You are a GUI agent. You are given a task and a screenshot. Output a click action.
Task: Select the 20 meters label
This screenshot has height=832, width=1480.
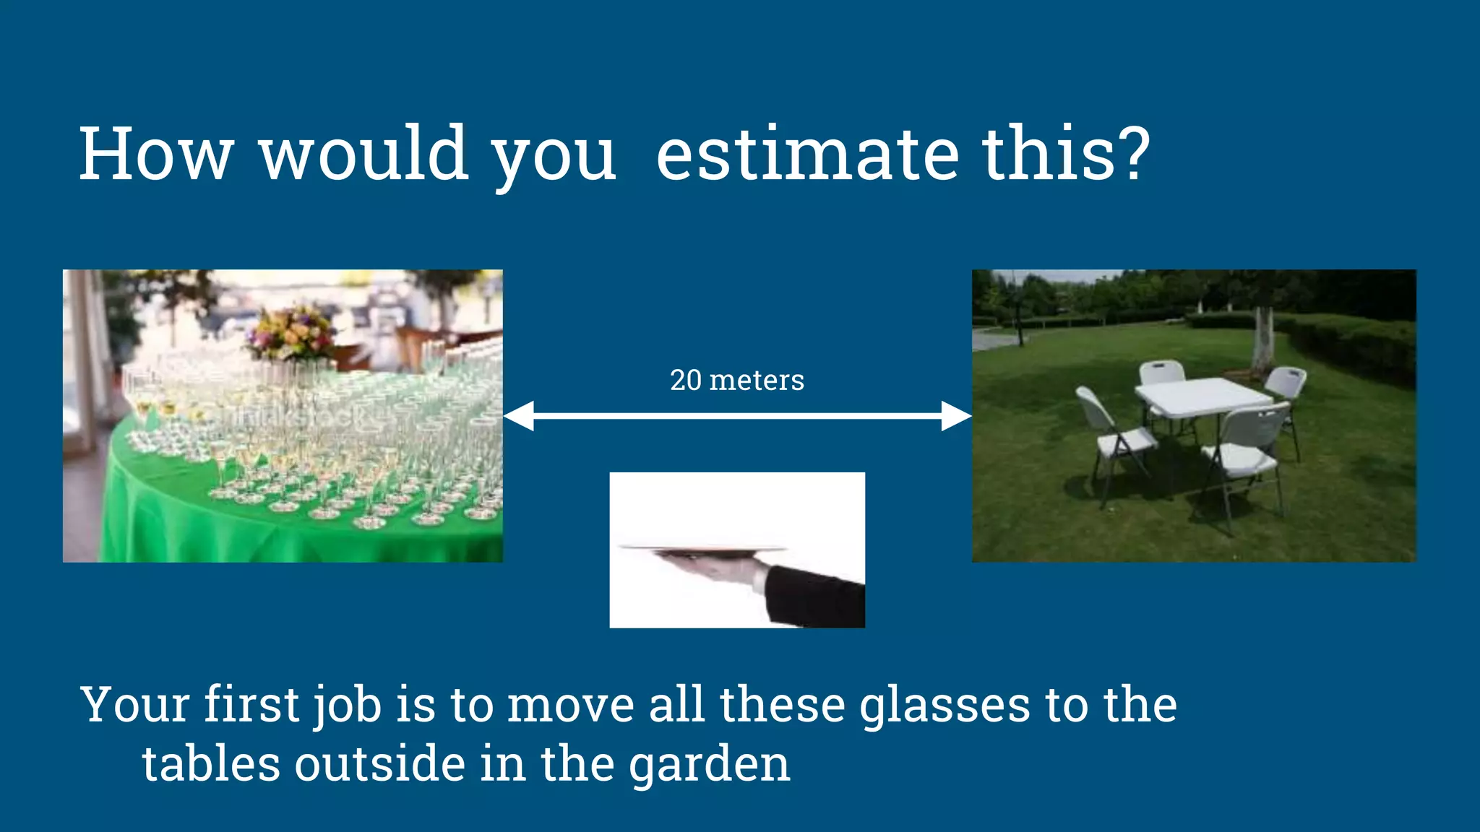[736, 380]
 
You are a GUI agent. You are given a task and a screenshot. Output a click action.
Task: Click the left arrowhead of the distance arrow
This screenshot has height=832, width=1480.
[519, 416]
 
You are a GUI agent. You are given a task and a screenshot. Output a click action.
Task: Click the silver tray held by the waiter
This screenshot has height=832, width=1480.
[701, 549]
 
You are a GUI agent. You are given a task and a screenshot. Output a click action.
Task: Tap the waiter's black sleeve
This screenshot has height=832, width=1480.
[817, 597]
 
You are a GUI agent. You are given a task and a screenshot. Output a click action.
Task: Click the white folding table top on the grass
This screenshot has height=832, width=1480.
[1202, 396]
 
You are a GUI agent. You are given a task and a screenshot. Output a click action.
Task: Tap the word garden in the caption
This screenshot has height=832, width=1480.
[709, 764]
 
